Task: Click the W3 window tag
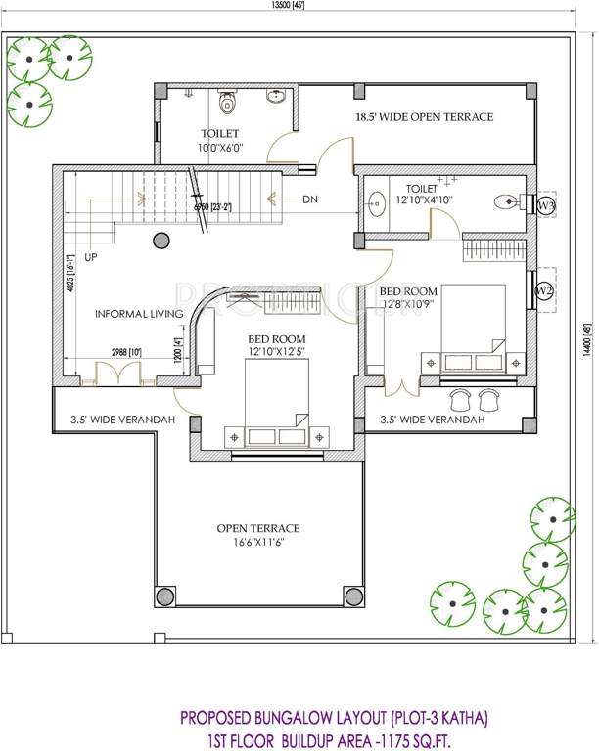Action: click(546, 205)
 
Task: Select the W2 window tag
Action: click(545, 290)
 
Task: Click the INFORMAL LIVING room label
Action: click(139, 314)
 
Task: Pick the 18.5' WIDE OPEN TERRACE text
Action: click(424, 117)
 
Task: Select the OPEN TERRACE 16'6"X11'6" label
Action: click(258, 535)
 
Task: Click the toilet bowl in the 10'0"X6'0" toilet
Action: click(228, 101)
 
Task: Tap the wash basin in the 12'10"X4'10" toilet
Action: click(377, 205)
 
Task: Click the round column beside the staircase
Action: click(160, 241)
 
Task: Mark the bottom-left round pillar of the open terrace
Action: click(164, 595)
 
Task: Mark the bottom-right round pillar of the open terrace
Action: click(353, 595)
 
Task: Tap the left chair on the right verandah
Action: click(459, 398)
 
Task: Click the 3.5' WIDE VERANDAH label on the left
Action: click(122, 420)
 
